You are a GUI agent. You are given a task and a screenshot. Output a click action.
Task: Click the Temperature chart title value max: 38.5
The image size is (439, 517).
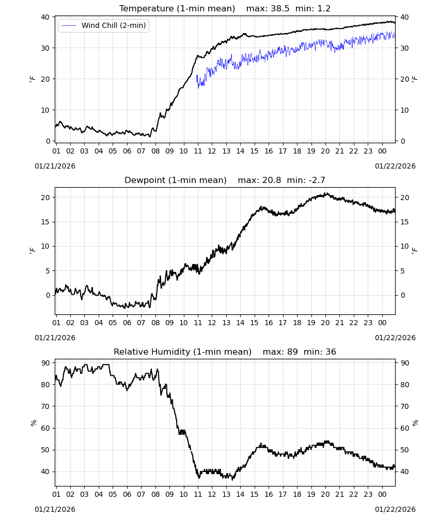pos(268,9)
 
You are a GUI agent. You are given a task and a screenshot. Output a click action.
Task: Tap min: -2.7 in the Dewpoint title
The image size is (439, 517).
pos(306,180)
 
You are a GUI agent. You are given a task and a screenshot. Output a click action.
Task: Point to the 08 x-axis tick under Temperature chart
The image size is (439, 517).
pos(155,151)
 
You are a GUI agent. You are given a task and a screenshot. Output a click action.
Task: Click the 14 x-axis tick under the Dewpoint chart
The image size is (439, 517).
pos(240,323)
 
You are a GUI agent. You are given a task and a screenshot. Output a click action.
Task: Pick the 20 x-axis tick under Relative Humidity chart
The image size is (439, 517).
pos(325,494)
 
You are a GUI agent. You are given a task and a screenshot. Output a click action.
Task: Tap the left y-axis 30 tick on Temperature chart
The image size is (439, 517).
pos(45,48)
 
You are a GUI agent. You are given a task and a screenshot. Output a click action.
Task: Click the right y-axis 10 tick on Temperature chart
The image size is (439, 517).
pos(404,110)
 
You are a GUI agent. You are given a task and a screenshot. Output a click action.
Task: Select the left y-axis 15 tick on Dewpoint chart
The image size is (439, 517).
pos(45,222)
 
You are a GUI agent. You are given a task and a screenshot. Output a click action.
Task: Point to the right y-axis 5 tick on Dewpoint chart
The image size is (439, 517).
pos(402,271)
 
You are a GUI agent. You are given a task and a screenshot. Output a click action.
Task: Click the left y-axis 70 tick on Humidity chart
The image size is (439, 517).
pos(45,406)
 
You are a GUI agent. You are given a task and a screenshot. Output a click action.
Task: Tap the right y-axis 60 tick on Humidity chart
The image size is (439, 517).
pos(404,428)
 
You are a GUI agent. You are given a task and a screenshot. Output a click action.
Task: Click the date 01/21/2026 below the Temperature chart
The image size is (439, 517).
pos(55,166)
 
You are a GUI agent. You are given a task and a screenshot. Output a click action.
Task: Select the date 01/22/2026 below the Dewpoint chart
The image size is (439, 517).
pos(395,338)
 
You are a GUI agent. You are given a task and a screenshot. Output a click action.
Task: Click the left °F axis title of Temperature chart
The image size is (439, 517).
pos(32,79)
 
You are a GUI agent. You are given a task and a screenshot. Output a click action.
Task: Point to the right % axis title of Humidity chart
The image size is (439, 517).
pos(415,423)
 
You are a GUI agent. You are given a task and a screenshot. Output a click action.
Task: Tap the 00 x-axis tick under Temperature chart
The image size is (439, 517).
pos(382,151)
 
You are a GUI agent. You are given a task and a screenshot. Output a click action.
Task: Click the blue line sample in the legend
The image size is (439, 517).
pos(69,26)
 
